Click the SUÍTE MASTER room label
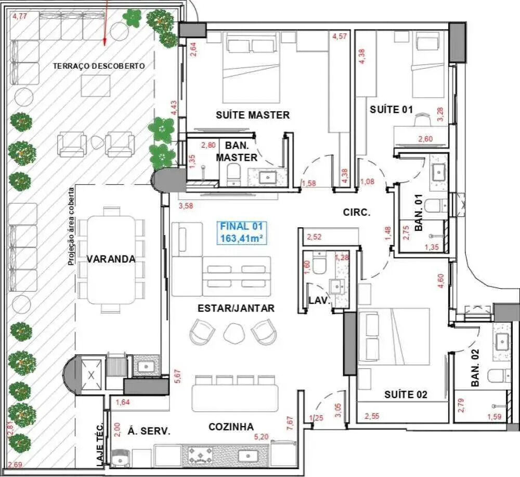253,115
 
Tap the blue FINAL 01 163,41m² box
241,233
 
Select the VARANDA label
111,259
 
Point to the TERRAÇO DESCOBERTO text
99,66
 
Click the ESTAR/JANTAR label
236,308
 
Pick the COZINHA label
231,427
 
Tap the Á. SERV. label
149,431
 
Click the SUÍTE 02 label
406,395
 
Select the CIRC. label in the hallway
357,212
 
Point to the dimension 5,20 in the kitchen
262,437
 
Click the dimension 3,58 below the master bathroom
186,206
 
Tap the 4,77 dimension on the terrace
20,16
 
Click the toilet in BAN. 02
500,376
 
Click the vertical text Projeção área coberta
71,227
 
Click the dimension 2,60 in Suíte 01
425,139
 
